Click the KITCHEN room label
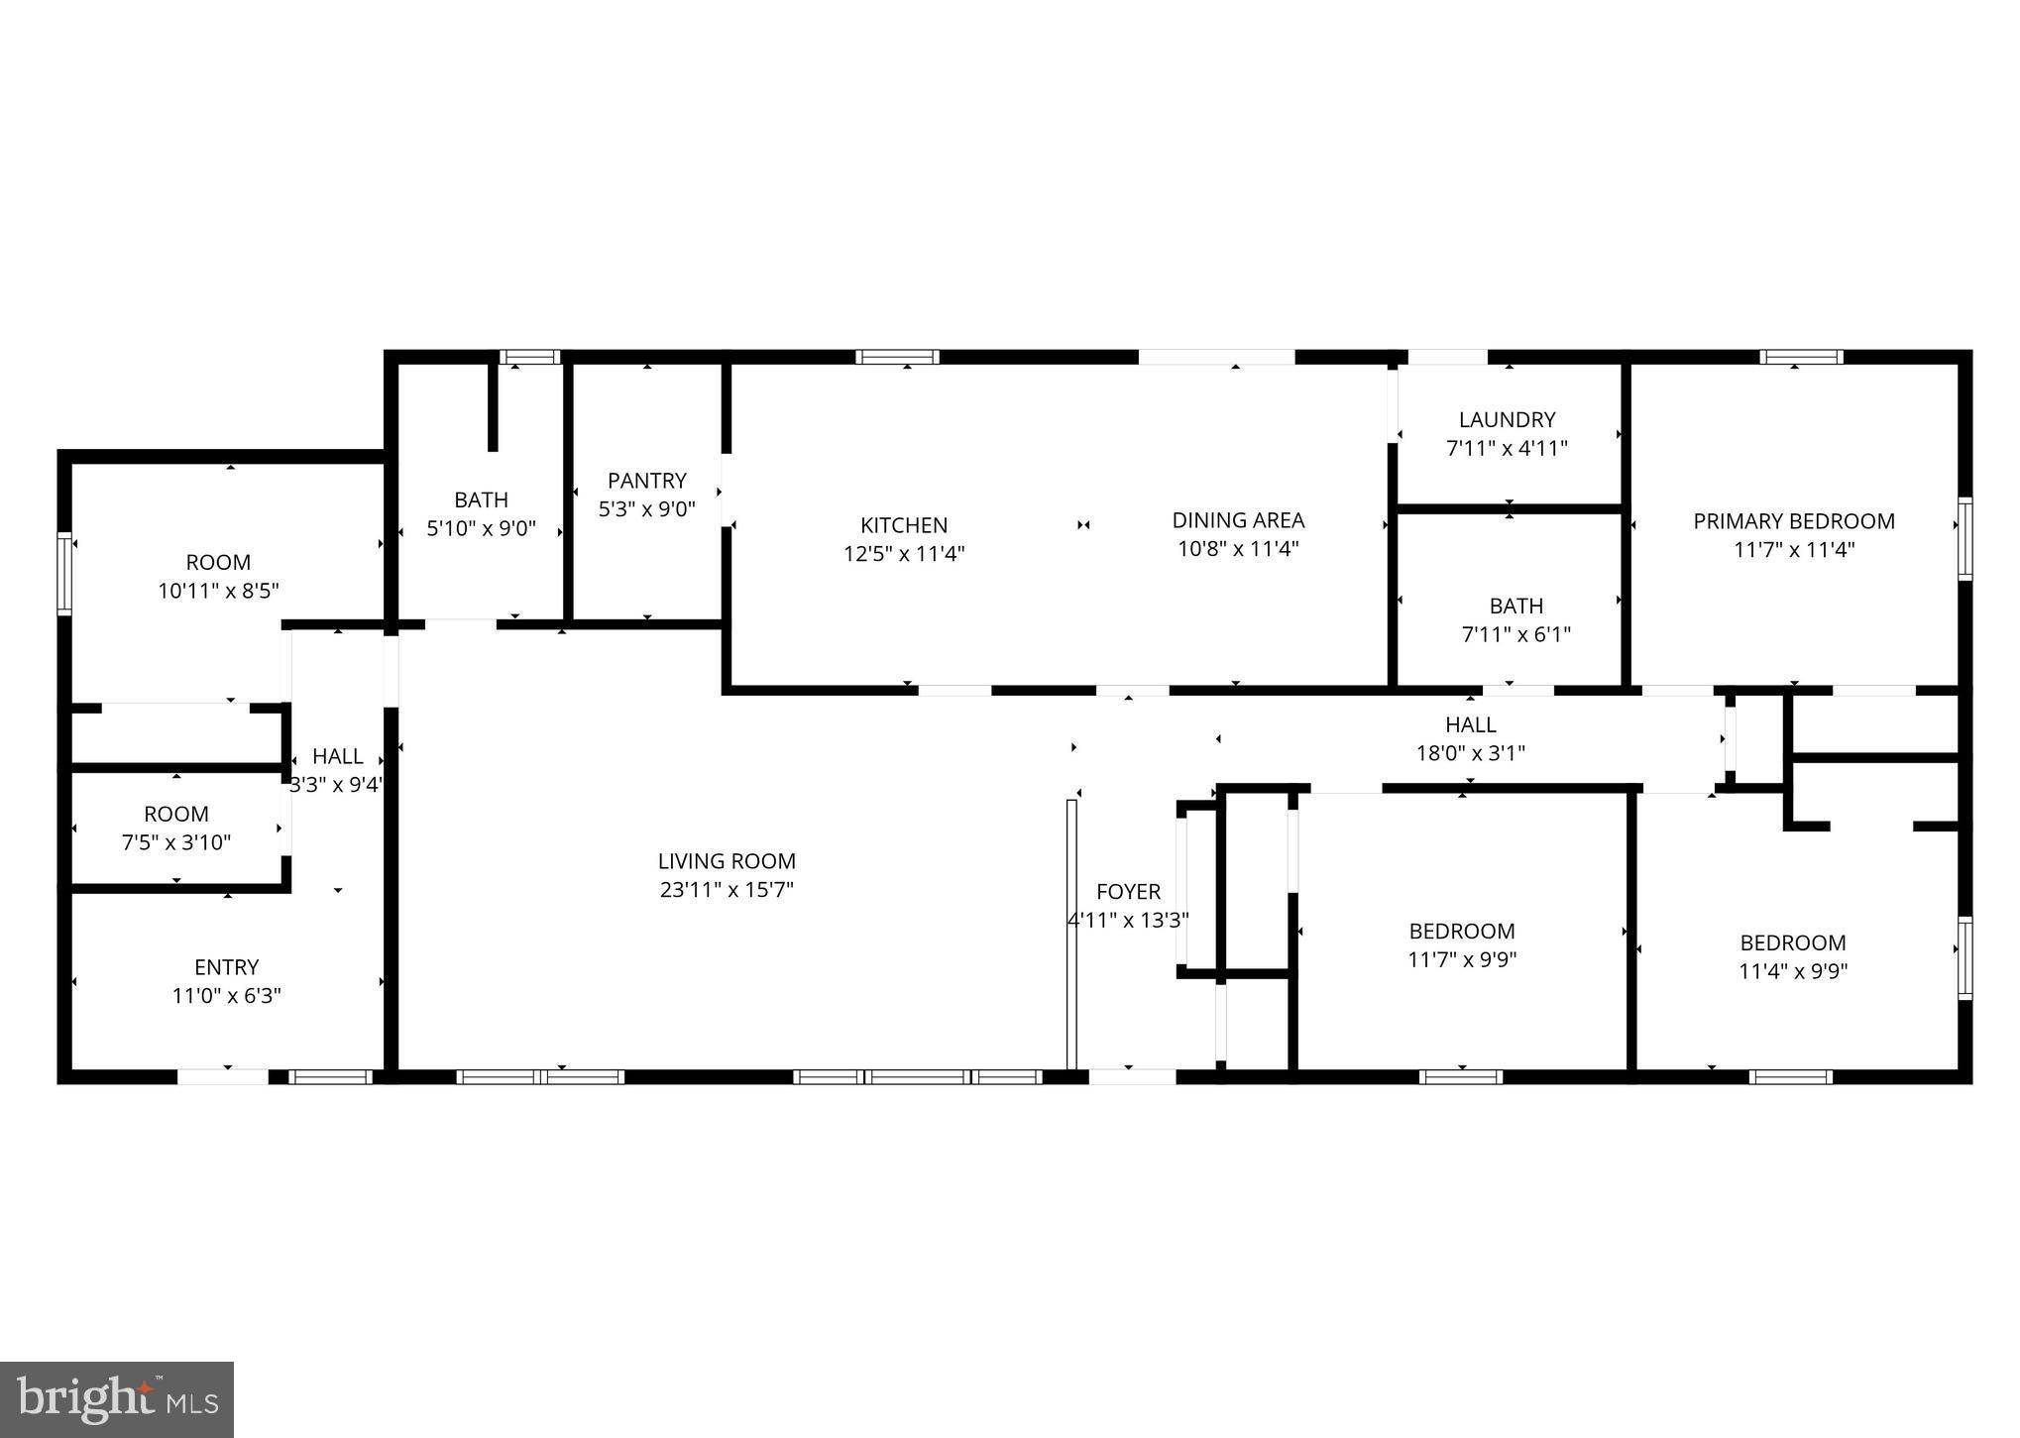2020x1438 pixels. tap(903, 525)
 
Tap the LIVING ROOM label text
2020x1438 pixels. tap(727, 861)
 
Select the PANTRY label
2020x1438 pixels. tap(646, 481)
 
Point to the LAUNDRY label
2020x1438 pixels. tap(1507, 420)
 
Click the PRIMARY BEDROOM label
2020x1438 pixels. tap(1793, 521)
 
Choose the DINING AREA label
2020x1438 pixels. tap(1238, 520)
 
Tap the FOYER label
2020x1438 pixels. tap(1128, 892)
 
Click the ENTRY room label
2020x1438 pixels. tap(227, 967)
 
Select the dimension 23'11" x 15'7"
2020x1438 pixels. tap(727, 890)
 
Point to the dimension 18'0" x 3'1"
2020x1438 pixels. tap(1470, 753)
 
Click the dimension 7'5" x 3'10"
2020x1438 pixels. tap(176, 842)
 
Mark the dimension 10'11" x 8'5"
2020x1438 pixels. tap(218, 591)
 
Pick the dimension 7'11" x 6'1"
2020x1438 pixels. tap(1515, 634)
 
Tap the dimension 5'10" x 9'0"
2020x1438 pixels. tap(481, 528)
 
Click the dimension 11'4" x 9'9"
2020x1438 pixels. tap(1793, 971)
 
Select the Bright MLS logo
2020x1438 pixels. tap(117, 1399)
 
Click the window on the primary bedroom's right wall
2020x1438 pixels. tap(1964, 538)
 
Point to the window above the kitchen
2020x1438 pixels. tap(897, 357)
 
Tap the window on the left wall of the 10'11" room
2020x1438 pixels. tap(64, 573)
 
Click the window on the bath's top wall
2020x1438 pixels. tap(529, 357)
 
